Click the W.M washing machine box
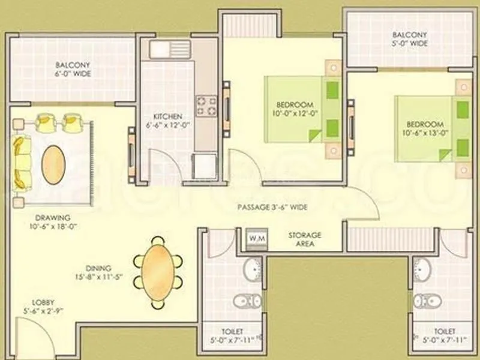tap(257, 238)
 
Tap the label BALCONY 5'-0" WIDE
tap(410, 39)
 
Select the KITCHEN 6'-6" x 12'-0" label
tap(163, 121)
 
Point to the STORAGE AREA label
tap(305, 239)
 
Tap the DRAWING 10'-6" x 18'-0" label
tap(53, 222)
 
